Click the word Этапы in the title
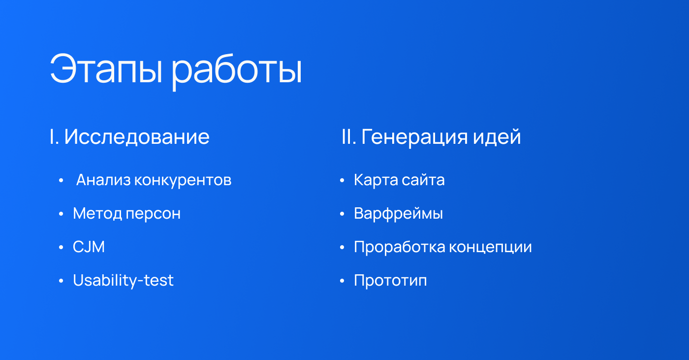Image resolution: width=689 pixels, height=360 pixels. pyautogui.click(x=106, y=68)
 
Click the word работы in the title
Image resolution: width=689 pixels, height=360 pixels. pyautogui.click(x=237, y=71)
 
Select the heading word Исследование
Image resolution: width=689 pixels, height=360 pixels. pyautogui.click(x=137, y=136)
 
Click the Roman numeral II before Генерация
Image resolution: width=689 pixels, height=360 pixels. pyautogui.click(x=347, y=136)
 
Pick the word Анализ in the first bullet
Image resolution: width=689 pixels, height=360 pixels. pyautogui.click(x=103, y=180)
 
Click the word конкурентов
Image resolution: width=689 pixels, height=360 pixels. pyautogui.click(x=183, y=181)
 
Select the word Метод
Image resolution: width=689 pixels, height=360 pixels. pyautogui.click(x=97, y=214)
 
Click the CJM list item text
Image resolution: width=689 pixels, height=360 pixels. pyautogui.click(x=89, y=247)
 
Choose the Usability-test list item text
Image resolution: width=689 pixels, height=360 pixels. pyautogui.click(x=123, y=281)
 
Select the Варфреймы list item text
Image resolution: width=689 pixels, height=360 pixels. pyautogui.click(x=398, y=214)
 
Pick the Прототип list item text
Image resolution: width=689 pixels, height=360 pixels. pyautogui.click(x=390, y=281)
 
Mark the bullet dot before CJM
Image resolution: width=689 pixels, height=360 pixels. pyautogui.click(x=61, y=247)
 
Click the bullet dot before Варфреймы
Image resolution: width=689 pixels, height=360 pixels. pyautogui.click(x=342, y=214)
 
